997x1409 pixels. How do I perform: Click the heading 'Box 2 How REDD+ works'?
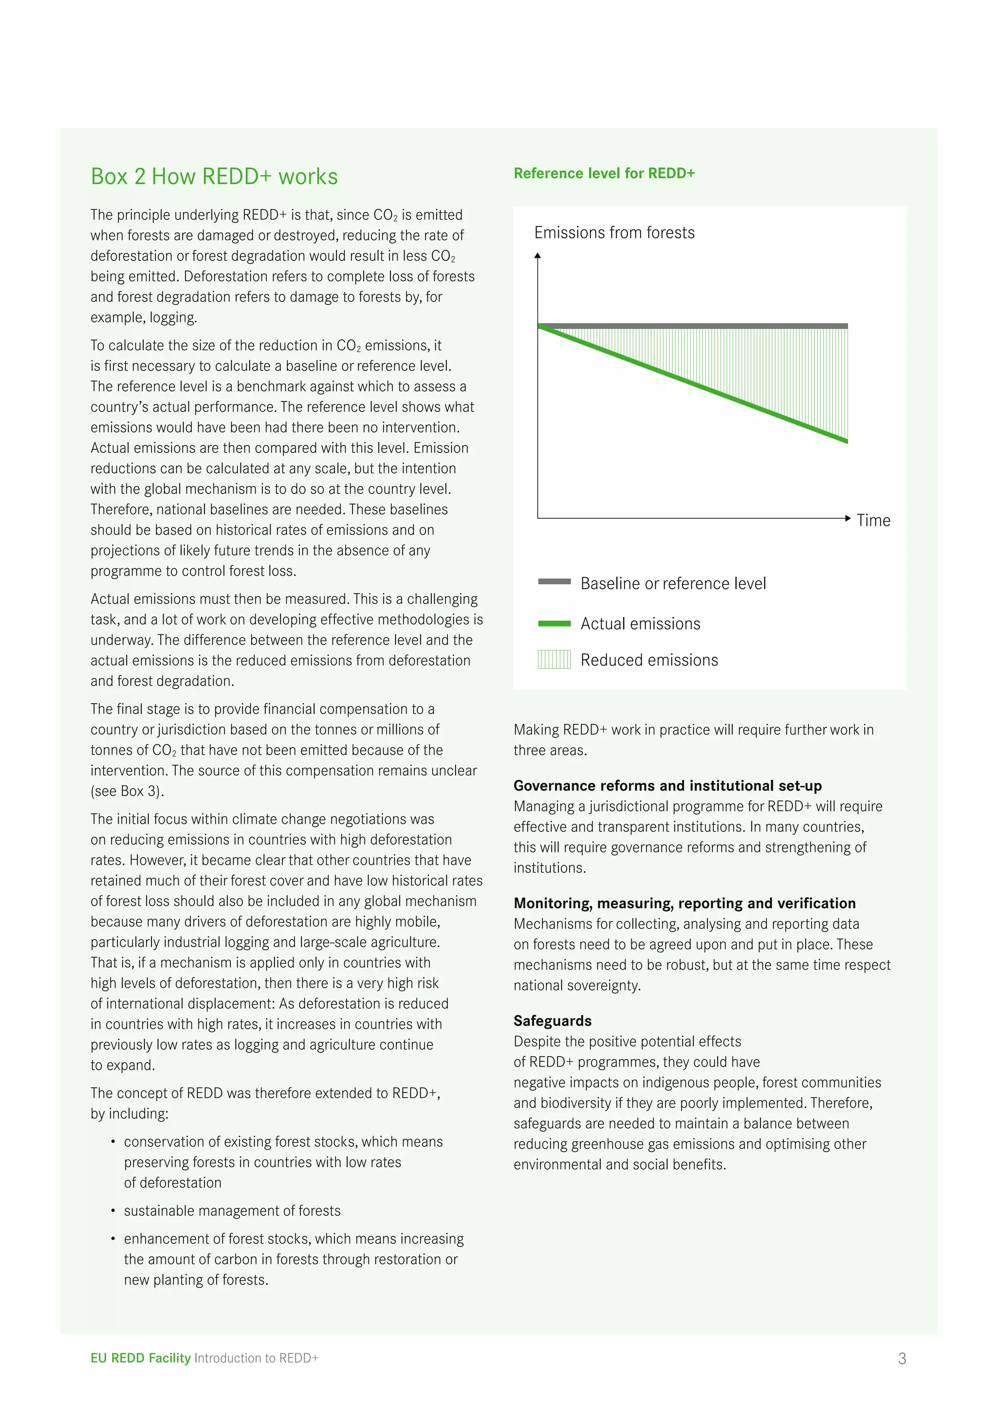click(214, 177)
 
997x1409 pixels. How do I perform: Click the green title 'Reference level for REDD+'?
click(604, 174)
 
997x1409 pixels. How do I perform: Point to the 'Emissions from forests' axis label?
click(614, 233)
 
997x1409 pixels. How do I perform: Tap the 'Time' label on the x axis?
click(873, 521)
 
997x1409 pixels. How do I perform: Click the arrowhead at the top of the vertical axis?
click(538, 255)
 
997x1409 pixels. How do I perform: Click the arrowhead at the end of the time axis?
click(848, 519)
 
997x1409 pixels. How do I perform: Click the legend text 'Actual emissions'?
click(640, 624)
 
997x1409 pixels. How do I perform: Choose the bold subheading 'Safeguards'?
click(553, 1021)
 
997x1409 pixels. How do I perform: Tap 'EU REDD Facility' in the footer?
click(141, 1358)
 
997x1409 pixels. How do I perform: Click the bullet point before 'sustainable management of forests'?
click(113, 1211)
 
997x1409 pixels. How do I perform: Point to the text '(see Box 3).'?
click(127, 791)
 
